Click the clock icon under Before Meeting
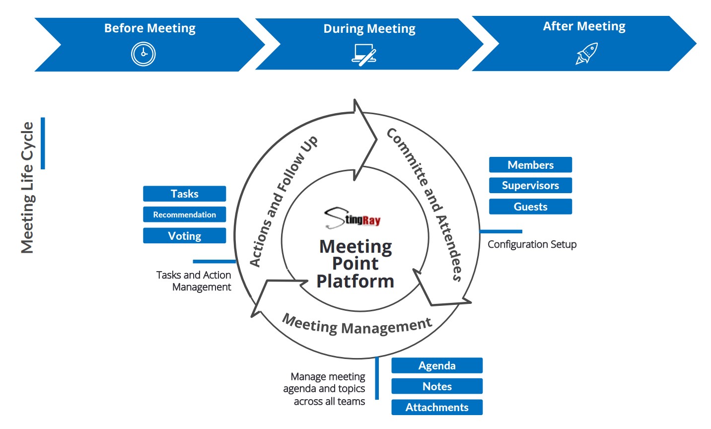[x=143, y=54]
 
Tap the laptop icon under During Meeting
[x=364, y=55]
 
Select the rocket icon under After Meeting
[x=586, y=54]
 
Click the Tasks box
[x=185, y=194]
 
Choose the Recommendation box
[x=185, y=214]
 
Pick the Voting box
[x=185, y=236]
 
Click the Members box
[x=530, y=165]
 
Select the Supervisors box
[x=530, y=186]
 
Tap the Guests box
[x=530, y=207]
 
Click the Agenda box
[x=437, y=365]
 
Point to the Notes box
[x=437, y=386]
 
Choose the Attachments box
[x=437, y=407]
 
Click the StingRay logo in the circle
[x=353, y=218]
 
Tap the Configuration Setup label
[x=532, y=244]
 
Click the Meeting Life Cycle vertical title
[x=27, y=188]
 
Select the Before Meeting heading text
[x=150, y=28]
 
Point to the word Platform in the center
[x=355, y=281]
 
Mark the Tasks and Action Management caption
[x=194, y=281]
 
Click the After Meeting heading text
[x=584, y=26]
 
